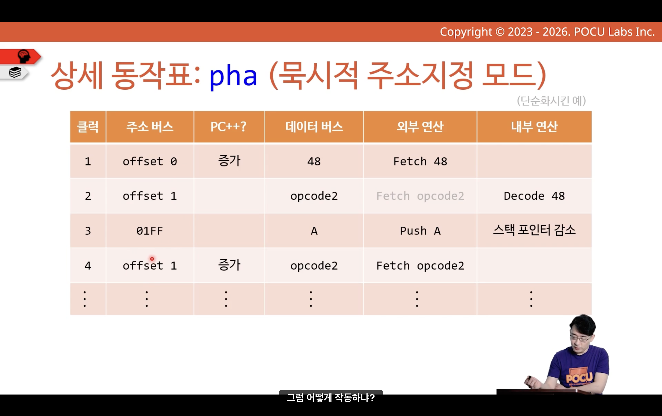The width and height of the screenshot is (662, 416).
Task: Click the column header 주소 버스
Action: (150, 127)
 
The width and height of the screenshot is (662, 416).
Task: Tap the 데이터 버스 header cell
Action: (314, 127)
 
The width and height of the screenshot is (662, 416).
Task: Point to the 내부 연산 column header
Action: (534, 127)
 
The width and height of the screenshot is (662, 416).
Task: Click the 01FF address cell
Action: (150, 231)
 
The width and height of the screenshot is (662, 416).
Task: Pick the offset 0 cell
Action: (150, 162)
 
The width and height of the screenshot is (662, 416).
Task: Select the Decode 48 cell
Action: (534, 196)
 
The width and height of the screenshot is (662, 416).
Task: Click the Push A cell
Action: (420, 231)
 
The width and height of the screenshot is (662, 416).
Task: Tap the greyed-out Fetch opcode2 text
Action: (420, 196)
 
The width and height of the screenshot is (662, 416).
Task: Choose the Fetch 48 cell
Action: (420, 162)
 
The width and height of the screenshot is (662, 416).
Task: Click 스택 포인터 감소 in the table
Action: (534, 230)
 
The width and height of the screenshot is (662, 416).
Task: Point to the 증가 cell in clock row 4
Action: (229, 265)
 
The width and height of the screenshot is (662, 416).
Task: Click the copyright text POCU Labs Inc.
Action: (614, 32)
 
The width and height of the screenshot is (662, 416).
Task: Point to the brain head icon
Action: (24, 56)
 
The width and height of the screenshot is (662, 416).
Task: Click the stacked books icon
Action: (15, 73)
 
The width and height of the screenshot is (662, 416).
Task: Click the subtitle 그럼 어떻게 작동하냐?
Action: (331, 398)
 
